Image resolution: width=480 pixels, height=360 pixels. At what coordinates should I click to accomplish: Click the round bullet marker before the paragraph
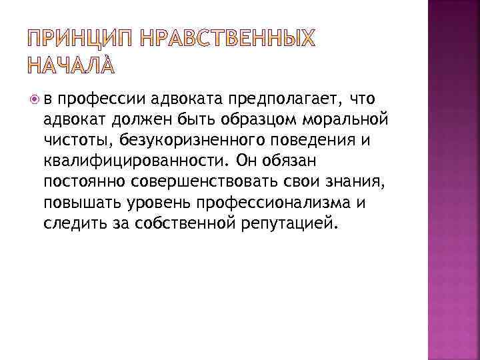pos(34,99)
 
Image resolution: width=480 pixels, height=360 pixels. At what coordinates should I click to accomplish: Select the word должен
pos(130,120)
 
